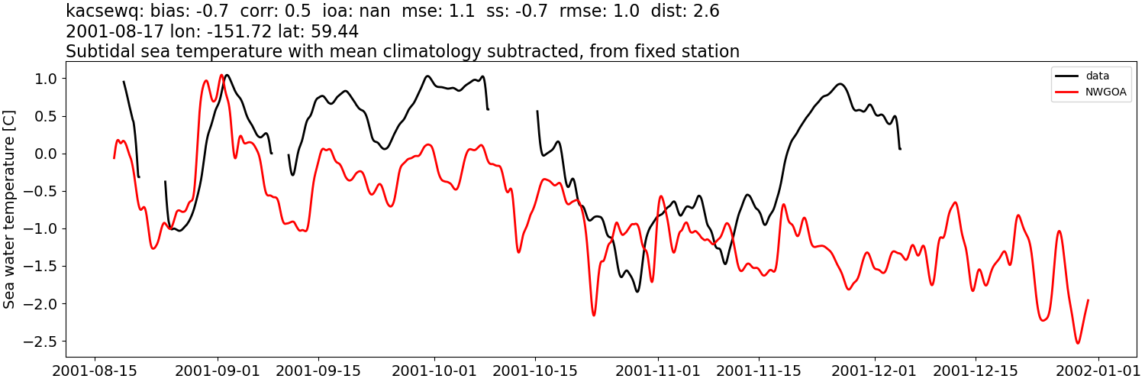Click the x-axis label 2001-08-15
[95, 370]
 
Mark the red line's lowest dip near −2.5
[1078, 343]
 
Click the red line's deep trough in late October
[594, 315]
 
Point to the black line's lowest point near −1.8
[637, 291]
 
